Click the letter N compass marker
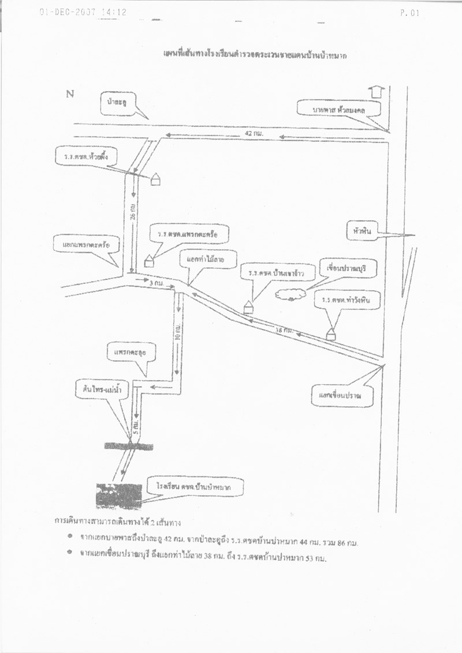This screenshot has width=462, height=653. tap(70, 95)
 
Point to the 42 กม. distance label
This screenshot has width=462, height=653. tap(254, 133)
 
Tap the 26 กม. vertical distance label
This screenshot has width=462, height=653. tap(134, 212)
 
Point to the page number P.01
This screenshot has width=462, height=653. tap(408, 13)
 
